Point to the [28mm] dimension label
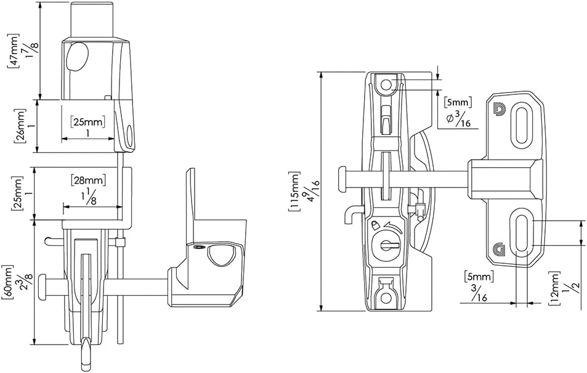coord(88,179)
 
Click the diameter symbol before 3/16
coord(450,117)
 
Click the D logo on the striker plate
coord(499,109)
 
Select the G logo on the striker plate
coord(498,250)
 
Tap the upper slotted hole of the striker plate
coord(521,127)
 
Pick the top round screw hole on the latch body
coord(386,84)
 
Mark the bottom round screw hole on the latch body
coord(386,298)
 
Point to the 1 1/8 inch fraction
coord(88,197)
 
